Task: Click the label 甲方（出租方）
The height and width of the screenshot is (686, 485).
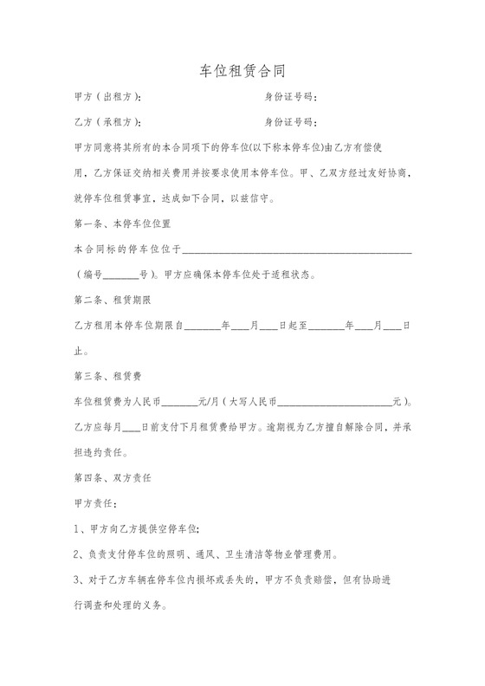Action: click(x=109, y=97)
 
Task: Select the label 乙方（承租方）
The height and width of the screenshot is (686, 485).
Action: click(x=109, y=121)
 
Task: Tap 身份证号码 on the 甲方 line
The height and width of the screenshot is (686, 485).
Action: click(x=290, y=97)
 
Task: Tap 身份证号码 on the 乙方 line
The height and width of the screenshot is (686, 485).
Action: click(x=290, y=121)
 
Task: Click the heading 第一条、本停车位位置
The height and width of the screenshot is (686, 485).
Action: click(x=121, y=223)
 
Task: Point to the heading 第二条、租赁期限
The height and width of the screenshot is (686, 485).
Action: click(x=113, y=301)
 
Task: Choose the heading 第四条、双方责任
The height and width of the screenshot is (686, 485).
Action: click(x=113, y=477)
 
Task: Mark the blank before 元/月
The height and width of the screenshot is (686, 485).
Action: click(x=179, y=403)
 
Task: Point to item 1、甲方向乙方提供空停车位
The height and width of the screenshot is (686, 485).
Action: click(x=139, y=528)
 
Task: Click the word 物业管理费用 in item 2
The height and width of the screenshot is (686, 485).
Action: click(x=307, y=553)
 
